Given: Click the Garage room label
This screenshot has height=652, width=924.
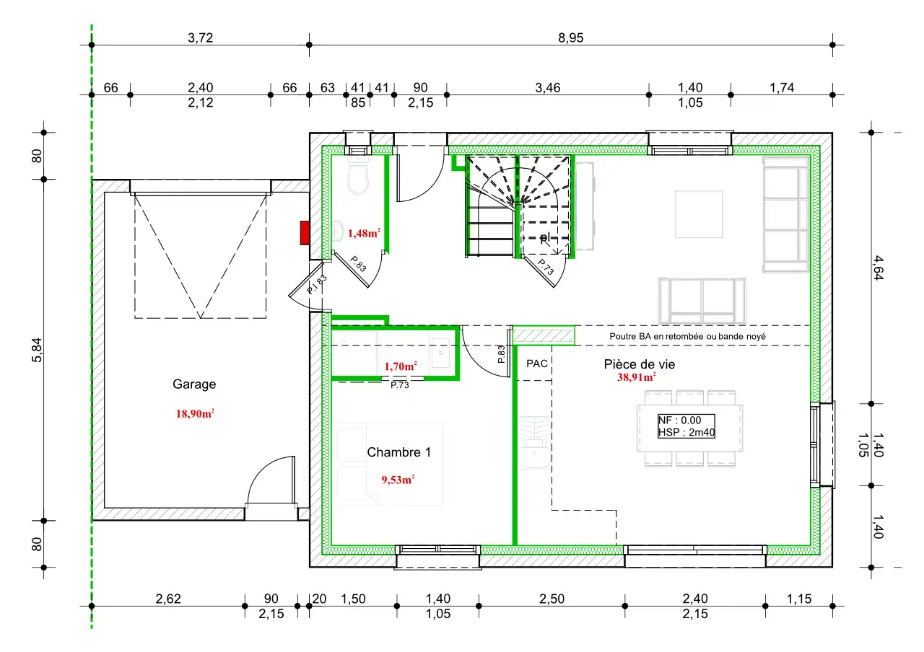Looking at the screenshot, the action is click(194, 384).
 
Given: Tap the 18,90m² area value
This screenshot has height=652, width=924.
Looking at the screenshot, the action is click(195, 413).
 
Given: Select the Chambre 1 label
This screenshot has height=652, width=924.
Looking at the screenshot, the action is click(399, 452).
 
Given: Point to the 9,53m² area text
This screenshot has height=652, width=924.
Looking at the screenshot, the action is click(398, 480).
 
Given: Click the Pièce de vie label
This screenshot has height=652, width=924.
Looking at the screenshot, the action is click(640, 364).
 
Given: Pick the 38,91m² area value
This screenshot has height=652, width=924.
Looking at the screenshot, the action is click(637, 377).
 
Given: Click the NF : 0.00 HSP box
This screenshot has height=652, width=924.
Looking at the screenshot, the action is click(686, 426).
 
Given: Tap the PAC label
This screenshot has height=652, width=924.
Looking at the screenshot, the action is click(536, 364).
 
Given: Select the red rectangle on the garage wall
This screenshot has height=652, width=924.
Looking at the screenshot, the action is click(305, 233).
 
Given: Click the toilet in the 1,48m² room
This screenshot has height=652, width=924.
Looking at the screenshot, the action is click(357, 175).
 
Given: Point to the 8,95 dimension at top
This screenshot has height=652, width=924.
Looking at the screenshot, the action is click(570, 38).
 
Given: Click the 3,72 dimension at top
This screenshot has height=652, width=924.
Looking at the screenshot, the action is click(201, 38).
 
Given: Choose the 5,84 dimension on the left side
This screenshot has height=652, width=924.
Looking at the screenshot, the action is click(37, 350).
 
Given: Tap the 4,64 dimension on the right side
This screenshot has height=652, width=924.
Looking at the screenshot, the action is click(879, 268).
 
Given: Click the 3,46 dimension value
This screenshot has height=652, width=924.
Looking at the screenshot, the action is click(548, 88).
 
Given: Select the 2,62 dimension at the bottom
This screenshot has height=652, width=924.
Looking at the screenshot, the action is click(168, 599).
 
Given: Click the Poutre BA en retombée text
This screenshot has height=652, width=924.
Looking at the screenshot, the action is click(687, 336).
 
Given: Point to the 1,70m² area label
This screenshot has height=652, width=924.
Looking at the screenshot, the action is click(401, 366).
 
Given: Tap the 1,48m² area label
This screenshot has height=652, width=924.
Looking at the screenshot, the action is click(364, 233).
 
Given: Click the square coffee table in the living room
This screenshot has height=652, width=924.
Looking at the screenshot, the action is click(698, 214).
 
